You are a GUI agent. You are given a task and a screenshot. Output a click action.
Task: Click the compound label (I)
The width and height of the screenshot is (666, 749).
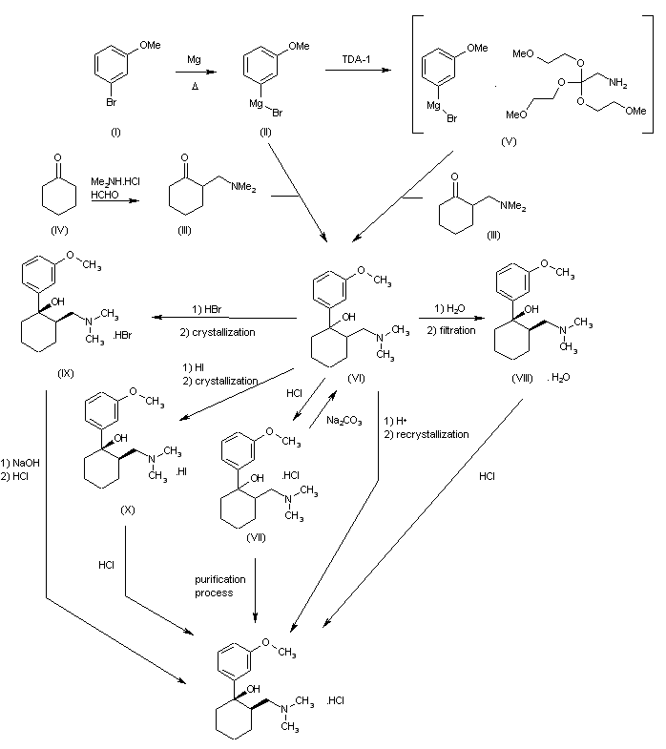(115, 133)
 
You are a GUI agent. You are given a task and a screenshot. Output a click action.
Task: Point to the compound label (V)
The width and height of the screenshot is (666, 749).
(508, 141)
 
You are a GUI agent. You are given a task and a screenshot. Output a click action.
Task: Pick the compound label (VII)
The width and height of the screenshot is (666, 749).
(255, 536)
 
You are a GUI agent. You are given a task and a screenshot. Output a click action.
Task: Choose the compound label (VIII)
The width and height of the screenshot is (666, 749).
(522, 378)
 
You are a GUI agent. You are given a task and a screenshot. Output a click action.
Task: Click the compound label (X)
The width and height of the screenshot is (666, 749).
(128, 510)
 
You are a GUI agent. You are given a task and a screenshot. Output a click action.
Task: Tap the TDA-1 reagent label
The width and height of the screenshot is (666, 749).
(358, 60)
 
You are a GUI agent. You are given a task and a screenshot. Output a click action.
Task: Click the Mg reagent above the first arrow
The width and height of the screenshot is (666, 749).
(195, 59)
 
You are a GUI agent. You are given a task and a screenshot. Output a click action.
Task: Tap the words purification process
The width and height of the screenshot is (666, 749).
(220, 586)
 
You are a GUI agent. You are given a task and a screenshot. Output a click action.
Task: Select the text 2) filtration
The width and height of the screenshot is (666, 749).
(451, 329)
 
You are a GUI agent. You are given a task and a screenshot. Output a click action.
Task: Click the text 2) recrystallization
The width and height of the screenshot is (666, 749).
(427, 434)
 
